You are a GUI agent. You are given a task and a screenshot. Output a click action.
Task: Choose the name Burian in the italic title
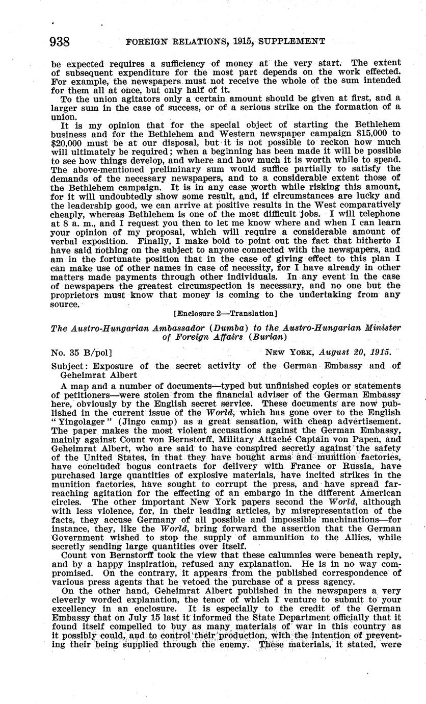(253, 337)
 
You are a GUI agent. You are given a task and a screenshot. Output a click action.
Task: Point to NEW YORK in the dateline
(289, 353)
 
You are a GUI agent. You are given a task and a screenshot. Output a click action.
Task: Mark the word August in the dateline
(335, 353)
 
